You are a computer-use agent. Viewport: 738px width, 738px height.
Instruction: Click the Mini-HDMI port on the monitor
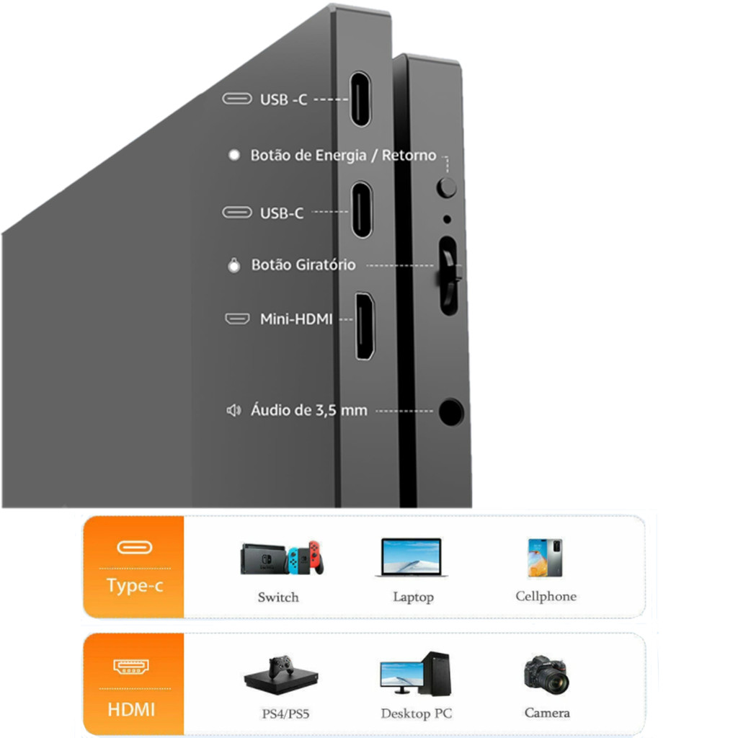pos(364,326)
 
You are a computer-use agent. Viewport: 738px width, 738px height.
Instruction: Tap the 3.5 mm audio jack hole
pos(451,412)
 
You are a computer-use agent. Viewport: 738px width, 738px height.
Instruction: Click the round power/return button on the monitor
pos(447,187)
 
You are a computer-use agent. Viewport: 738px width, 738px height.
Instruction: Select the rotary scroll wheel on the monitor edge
pos(449,275)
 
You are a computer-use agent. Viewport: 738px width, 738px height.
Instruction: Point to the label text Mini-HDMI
pos(296,319)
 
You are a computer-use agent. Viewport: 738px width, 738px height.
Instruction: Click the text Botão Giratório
pos(303,264)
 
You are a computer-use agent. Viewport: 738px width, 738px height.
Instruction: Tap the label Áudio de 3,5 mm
pos(308,410)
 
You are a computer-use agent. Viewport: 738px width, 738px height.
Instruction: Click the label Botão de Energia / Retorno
pos(343,155)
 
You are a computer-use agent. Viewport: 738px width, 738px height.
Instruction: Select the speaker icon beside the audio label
pos(234,410)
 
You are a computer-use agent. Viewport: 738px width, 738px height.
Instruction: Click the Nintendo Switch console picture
pos(282,559)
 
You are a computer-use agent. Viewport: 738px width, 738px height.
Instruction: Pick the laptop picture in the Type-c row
pos(412,557)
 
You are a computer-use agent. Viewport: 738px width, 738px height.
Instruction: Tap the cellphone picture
pos(545,558)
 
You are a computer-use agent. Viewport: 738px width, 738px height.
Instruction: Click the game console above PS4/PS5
pos(281,674)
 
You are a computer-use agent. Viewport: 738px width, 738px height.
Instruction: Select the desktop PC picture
pos(415,674)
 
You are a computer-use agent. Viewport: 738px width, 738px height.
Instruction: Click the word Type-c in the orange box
pos(135,585)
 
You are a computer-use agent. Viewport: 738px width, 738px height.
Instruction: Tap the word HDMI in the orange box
pos(131,709)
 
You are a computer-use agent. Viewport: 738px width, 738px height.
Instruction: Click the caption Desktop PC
pos(416,713)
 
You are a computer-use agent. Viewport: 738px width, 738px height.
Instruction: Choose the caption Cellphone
pos(546,596)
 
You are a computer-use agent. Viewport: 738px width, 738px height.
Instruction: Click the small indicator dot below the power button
pos(447,219)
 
